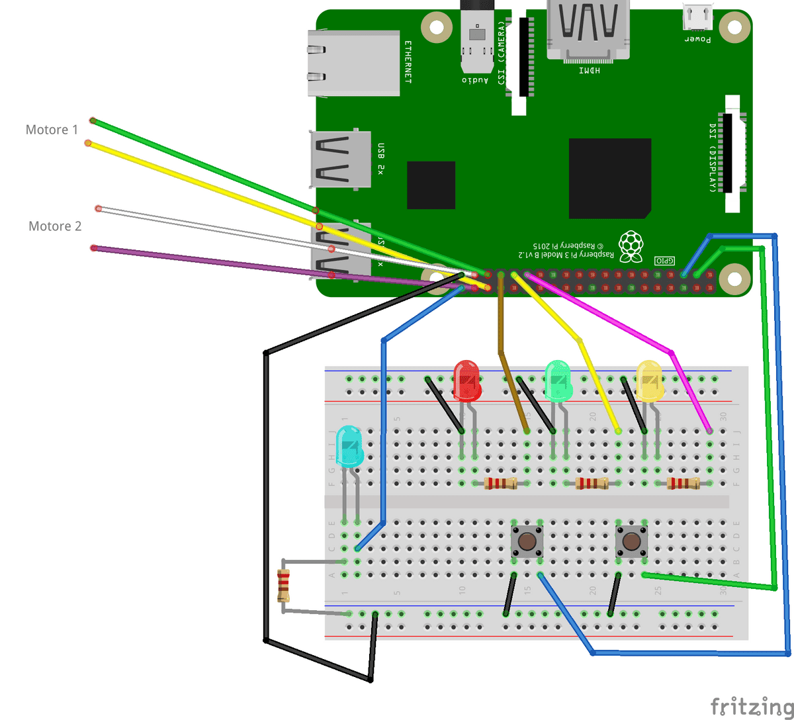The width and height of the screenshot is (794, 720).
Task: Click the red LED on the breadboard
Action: [x=467, y=381]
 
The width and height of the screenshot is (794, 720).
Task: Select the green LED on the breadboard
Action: [x=558, y=381]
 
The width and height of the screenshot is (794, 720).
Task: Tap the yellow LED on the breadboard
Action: [x=649, y=381]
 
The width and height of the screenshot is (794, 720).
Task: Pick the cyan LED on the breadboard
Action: [x=349, y=446]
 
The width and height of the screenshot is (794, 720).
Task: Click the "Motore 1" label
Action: [x=52, y=130]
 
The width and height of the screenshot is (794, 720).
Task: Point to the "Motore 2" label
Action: [x=55, y=226]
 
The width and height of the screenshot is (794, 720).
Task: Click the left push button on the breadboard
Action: [x=527, y=541]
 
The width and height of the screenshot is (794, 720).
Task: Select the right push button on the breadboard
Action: [x=631, y=541]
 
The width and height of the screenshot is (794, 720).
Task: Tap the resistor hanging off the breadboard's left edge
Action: [x=284, y=585]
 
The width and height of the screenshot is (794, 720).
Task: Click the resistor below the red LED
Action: [x=500, y=483]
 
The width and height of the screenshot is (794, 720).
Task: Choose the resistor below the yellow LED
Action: [x=683, y=483]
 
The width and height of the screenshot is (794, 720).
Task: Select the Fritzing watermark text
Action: [x=751, y=705]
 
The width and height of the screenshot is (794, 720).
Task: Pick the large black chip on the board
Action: [x=609, y=178]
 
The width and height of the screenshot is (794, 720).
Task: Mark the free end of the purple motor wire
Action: [x=94, y=247]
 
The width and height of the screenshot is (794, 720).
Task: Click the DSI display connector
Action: [x=732, y=154]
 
